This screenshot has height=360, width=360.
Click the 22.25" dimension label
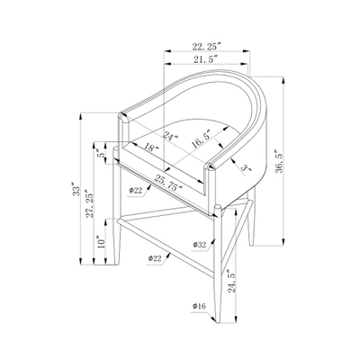pos(207,47)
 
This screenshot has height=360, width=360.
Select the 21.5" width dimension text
pos(205,59)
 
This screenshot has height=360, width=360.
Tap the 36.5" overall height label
pos(278,161)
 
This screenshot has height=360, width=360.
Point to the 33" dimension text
pos(76,189)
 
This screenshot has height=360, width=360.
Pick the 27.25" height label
pos(89,203)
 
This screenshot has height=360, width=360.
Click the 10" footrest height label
pos(101,241)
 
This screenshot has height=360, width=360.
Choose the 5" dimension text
pos(102,153)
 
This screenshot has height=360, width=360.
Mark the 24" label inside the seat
pos(170,136)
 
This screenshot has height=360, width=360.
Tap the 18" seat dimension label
pos(151,148)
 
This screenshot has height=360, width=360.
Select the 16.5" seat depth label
pos(202,139)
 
